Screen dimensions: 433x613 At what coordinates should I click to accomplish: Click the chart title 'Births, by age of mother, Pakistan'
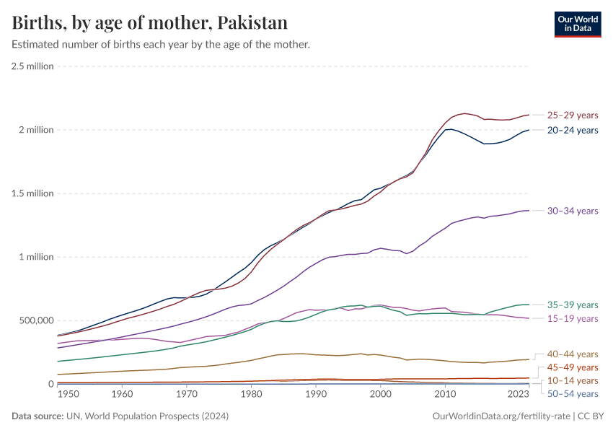[x=150, y=23]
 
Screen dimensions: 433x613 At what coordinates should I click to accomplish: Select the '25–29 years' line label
[x=573, y=115]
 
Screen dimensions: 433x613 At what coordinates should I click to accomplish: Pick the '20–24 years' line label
[x=573, y=130]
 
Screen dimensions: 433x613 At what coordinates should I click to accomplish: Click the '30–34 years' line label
[x=573, y=211]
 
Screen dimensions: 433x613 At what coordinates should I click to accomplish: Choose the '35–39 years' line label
[x=573, y=305]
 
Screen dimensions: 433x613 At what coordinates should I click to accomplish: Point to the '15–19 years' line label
[x=573, y=318]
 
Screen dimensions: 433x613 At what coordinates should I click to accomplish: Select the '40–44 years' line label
[x=573, y=354]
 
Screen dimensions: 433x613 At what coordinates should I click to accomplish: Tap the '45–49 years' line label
[x=573, y=367]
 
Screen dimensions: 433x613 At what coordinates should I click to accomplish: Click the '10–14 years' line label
[x=573, y=380]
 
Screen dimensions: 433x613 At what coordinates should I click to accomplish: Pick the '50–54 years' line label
[x=573, y=393]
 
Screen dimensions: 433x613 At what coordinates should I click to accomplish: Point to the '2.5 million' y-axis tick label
[x=32, y=66]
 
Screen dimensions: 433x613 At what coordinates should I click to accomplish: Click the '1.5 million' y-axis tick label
[x=32, y=193]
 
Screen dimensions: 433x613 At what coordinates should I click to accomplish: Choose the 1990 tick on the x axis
[x=316, y=395]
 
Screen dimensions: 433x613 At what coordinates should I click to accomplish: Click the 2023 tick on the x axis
[x=518, y=395]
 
